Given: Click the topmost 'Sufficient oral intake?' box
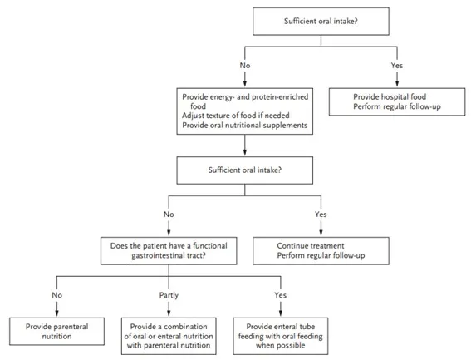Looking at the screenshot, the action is tap(321, 22).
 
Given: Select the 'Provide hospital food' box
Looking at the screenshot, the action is tap(397, 101).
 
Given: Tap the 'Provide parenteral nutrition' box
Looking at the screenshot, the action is tap(56, 331).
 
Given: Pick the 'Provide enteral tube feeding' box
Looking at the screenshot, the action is tap(280, 336).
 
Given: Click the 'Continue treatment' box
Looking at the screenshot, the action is tap(321, 251).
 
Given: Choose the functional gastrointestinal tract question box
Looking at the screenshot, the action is tap(169, 251).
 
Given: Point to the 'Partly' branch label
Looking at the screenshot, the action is tap(169, 295).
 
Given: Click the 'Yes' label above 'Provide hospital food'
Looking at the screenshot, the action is tap(397, 65).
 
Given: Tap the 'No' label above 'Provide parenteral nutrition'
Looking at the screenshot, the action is tap(56, 295).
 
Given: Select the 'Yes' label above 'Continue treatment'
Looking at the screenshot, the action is tap(321, 215).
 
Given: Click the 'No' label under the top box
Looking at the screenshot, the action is tap(245, 65).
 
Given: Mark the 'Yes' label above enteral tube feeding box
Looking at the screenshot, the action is tap(280, 295).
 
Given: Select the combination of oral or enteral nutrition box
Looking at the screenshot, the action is tap(169, 336).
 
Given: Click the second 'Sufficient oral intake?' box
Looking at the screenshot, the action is tap(245, 170).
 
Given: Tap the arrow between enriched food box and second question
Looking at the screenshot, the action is tap(245, 145).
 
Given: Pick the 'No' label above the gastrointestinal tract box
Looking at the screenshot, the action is tap(169, 215).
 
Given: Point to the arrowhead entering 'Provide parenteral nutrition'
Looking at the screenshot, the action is tap(56, 313).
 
